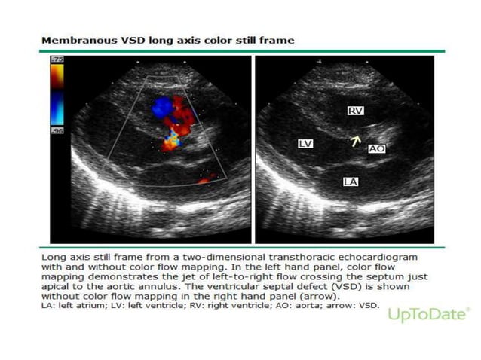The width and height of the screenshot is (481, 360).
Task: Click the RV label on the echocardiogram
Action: (355, 111)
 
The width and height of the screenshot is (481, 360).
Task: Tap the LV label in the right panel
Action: (305, 142)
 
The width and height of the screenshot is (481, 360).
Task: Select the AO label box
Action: (377, 149)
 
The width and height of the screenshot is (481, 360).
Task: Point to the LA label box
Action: (350, 182)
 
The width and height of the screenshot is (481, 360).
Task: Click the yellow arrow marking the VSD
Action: (355, 140)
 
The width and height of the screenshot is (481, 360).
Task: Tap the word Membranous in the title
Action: (74, 39)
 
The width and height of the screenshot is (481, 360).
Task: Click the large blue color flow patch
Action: (162, 109)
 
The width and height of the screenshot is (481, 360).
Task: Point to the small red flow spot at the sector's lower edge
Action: (205, 179)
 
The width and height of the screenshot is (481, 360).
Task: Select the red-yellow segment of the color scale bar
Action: (56, 75)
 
